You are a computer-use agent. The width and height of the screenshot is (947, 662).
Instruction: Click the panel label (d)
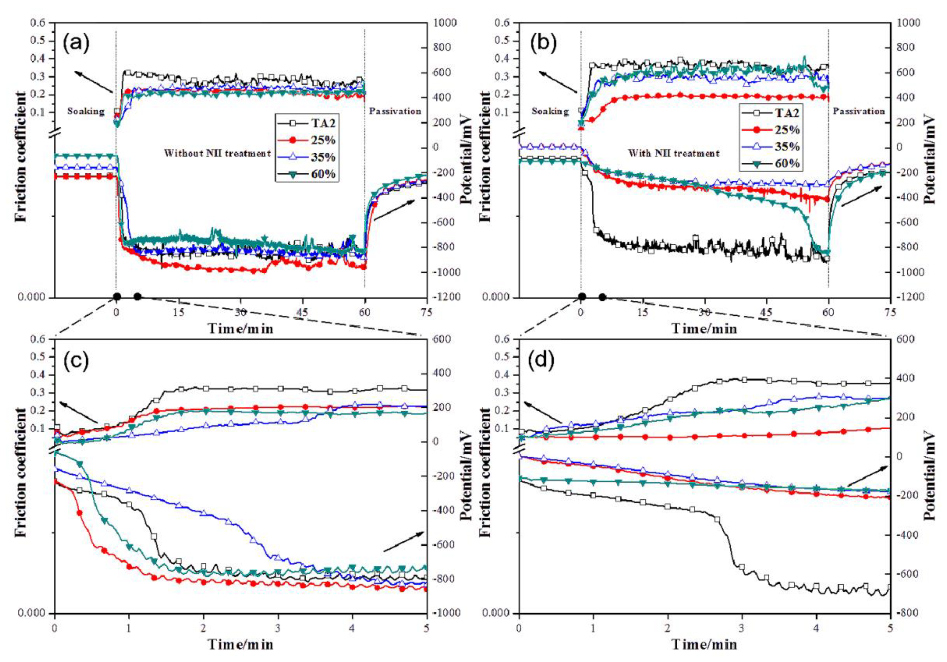point(541,360)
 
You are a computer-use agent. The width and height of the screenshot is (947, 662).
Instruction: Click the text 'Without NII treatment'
point(217,154)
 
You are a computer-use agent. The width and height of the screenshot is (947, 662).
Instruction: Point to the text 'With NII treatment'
point(673,154)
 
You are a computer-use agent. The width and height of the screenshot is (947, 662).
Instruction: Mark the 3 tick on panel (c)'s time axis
point(278,628)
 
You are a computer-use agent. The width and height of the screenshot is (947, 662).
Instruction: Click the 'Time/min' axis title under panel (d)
point(704,644)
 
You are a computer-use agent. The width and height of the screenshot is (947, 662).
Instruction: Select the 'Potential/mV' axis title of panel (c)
point(465,476)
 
